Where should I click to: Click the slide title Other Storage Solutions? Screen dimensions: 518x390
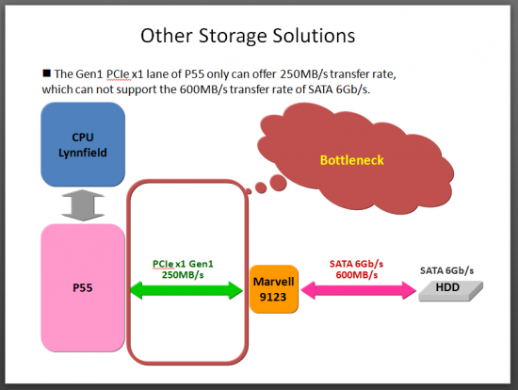point(248,36)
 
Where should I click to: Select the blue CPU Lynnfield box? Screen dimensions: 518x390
point(83,144)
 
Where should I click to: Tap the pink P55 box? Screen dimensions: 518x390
point(83,288)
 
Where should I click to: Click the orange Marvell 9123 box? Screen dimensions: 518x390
point(274,289)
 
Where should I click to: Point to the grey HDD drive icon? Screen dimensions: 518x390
point(450,291)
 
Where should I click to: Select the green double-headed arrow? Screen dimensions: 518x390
point(186,290)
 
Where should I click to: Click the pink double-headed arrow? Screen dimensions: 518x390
point(359,290)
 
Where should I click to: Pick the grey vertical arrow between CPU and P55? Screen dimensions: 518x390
point(83,205)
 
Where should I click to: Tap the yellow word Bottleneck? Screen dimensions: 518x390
point(352,160)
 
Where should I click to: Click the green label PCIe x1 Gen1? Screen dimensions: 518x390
point(183,264)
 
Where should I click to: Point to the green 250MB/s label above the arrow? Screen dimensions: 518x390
point(183,275)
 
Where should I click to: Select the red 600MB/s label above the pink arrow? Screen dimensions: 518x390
point(356,275)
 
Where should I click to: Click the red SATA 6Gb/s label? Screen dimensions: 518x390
point(356,264)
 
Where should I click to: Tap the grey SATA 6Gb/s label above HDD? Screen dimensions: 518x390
point(446,270)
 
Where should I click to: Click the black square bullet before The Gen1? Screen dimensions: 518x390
point(46,73)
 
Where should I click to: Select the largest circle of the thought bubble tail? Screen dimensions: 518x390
point(278,183)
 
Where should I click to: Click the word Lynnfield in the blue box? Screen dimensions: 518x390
point(83,153)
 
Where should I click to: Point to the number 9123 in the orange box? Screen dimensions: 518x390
point(273,297)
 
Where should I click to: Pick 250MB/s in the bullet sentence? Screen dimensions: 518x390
point(304,74)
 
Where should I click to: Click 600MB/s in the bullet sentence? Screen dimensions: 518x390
point(203,89)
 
